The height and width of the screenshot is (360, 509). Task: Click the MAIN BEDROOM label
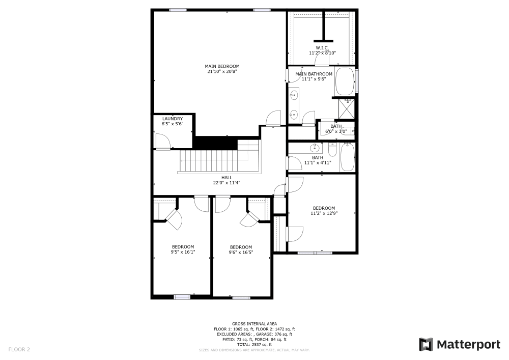222,66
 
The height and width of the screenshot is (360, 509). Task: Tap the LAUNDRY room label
172,119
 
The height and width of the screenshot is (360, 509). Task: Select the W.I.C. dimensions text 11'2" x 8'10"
322,53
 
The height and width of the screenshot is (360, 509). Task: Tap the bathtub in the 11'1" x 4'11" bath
347,157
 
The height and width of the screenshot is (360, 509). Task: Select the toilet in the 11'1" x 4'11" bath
332,150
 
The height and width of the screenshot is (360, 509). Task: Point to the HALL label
227,177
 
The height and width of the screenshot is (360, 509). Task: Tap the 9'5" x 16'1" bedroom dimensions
183,252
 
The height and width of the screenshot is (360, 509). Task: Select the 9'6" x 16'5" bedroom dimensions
241,252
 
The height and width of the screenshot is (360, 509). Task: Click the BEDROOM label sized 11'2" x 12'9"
324,208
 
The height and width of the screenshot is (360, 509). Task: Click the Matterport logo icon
426,345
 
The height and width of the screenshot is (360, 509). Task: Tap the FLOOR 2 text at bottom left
19,349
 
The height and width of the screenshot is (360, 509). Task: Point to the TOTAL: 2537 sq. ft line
254,345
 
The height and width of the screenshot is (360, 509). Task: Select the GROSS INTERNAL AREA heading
254,324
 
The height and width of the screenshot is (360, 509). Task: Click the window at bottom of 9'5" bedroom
182,296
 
